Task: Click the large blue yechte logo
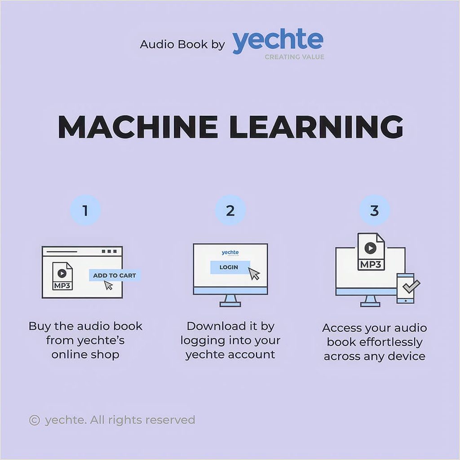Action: tap(278, 41)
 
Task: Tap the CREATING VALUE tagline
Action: tap(295, 57)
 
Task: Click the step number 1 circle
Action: tap(85, 210)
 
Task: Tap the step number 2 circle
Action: tap(230, 210)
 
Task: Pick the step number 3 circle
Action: tap(375, 210)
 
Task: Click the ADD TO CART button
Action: tap(115, 275)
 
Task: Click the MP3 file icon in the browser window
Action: tap(62, 276)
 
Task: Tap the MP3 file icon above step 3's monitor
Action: tap(371, 252)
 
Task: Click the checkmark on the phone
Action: tap(411, 286)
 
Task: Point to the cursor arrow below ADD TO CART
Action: tap(109, 285)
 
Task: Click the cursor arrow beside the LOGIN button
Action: tap(254, 274)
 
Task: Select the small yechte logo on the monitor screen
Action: tap(230, 252)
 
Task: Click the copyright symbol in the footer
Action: tap(34, 420)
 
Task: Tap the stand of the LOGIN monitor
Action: tap(230, 301)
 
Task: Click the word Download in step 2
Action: tap(216, 326)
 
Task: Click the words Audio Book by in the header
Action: tap(182, 44)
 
